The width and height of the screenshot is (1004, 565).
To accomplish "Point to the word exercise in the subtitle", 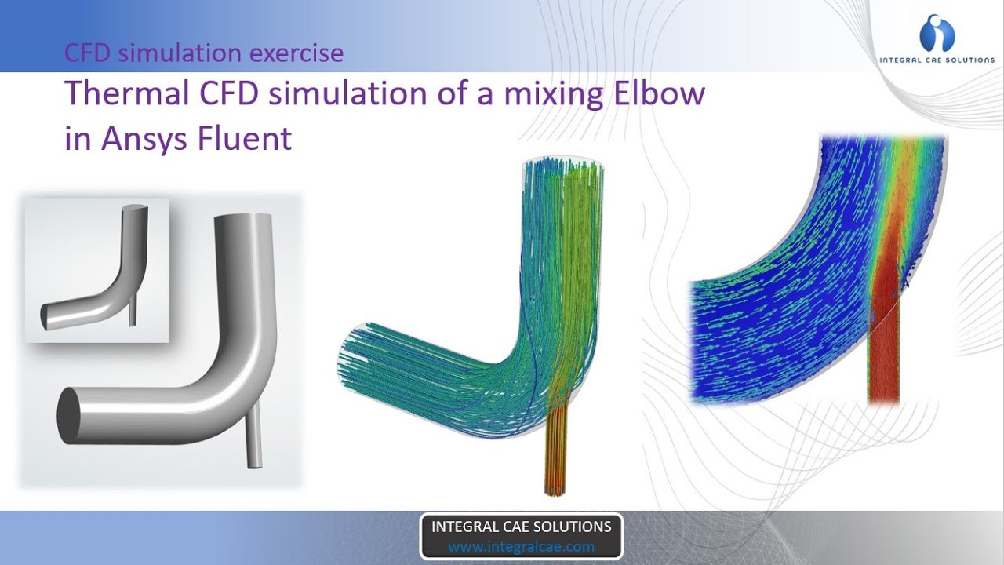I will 296,53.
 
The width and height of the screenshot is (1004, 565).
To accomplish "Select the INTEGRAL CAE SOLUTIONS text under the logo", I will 937,60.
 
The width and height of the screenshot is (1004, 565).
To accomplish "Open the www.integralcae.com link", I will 521,546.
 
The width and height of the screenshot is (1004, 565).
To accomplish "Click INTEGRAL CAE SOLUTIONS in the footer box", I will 521,527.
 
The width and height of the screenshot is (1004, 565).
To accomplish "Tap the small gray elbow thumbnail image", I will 96,270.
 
